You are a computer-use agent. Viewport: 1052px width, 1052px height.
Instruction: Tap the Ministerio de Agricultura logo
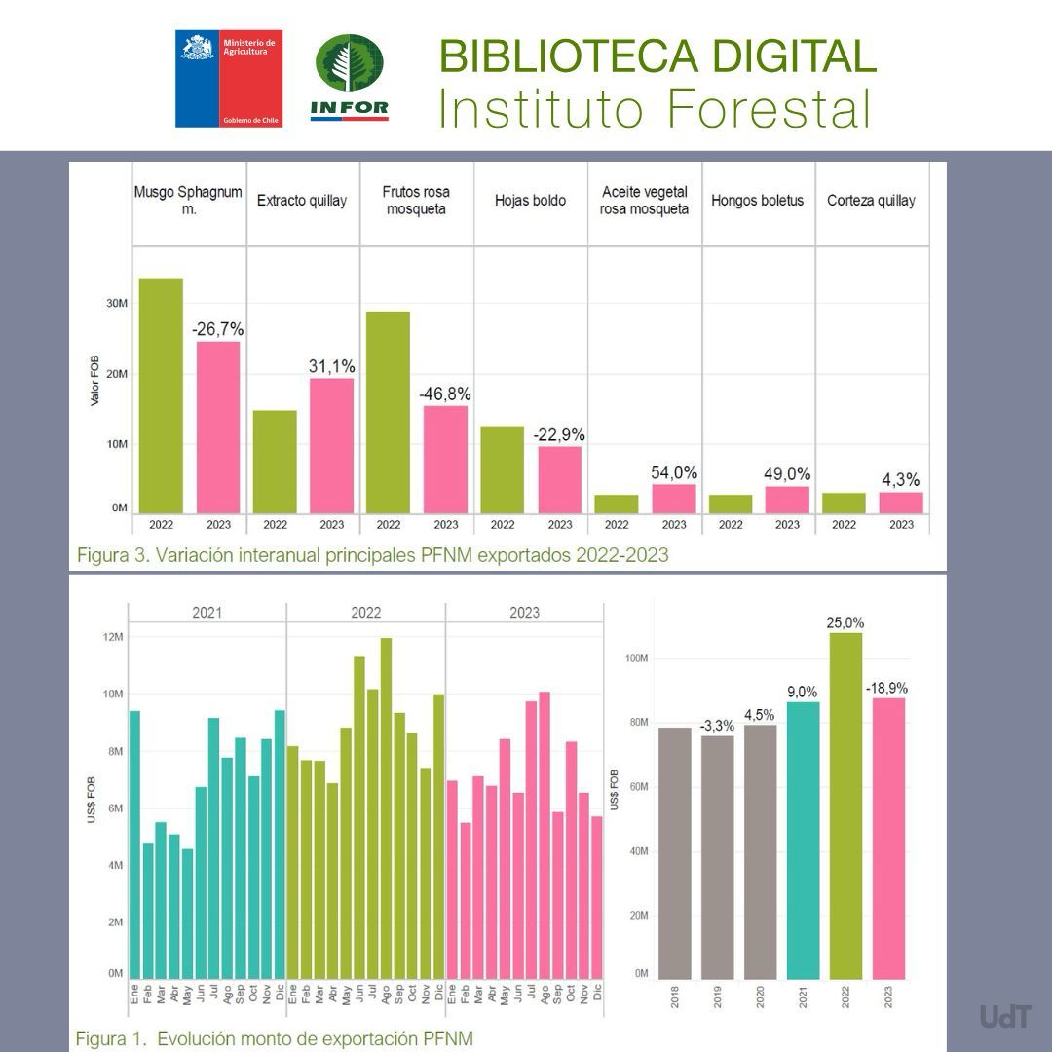pyautogui.click(x=229, y=78)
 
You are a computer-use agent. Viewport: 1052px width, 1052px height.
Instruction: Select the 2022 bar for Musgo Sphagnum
pyautogui.click(x=161, y=394)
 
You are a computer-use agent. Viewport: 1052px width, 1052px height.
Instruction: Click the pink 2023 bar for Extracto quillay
pyautogui.click(x=331, y=444)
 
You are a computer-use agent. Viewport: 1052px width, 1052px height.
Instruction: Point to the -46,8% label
pyautogui.click(x=445, y=394)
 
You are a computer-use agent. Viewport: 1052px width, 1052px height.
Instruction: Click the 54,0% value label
pyautogui.click(x=674, y=473)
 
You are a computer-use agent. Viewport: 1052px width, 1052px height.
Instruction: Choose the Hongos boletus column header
pyautogui.click(x=757, y=201)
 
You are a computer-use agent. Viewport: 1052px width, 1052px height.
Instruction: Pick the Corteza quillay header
pyautogui.click(x=871, y=201)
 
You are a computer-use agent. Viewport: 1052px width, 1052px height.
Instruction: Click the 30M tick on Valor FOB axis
pyautogui.click(x=117, y=304)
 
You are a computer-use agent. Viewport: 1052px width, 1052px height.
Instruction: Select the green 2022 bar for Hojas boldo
pyautogui.click(x=503, y=469)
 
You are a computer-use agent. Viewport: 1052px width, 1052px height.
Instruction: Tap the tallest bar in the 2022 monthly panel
pyautogui.click(x=386, y=808)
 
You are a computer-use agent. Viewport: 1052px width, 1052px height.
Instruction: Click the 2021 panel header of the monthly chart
pyautogui.click(x=207, y=613)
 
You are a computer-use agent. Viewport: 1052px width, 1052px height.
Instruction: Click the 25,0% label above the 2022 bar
pyautogui.click(x=845, y=622)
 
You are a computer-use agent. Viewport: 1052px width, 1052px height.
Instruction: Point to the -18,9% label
pyautogui.click(x=888, y=688)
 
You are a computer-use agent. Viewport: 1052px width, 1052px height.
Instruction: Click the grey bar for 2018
pyautogui.click(x=674, y=852)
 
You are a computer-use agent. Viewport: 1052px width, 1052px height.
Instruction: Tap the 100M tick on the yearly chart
pyautogui.click(x=636, y=658)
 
